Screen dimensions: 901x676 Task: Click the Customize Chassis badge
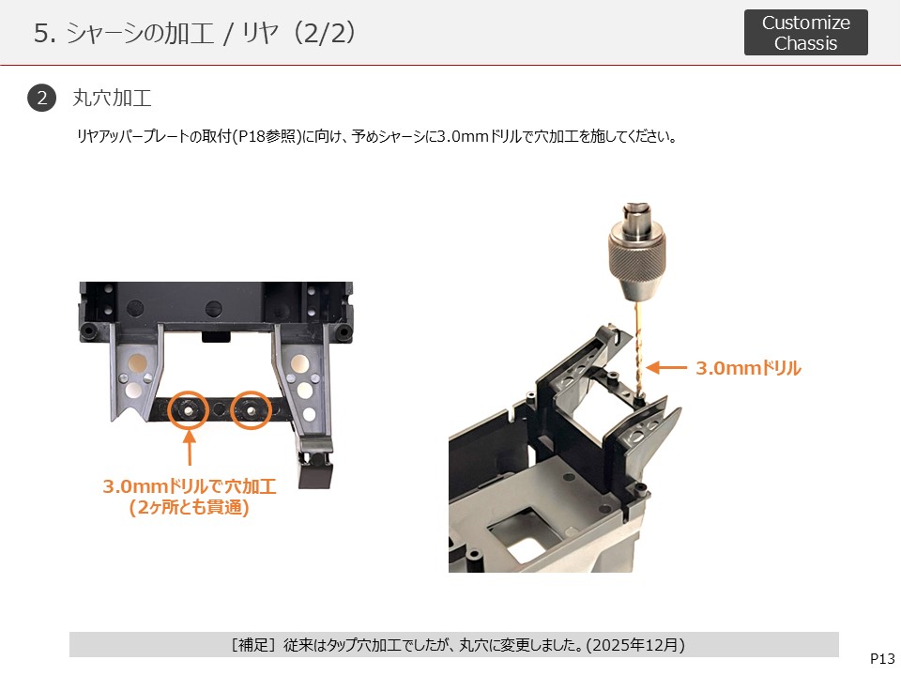coord(805,33)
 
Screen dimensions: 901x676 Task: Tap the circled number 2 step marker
coord(42,98)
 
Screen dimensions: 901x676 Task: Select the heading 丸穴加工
coord(112,98)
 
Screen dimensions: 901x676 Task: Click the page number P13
coord(882,659)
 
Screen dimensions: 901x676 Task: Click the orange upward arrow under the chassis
coord(190,448)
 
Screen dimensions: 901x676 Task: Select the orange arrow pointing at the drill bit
coord(666,368)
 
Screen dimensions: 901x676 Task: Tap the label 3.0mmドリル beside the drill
coord(748,368)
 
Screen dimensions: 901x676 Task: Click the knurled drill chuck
coord(636,253)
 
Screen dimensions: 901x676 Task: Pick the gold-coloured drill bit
coord(637,350)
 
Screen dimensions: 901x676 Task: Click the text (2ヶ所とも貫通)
coord(189,508)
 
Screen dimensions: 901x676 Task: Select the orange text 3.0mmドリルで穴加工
coord(190,486)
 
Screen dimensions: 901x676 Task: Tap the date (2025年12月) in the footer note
coord(635,645)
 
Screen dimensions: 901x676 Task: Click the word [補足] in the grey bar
coord(253,645)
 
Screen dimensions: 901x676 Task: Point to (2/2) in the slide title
coord(324,33)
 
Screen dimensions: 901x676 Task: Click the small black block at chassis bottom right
coord(315,473)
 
